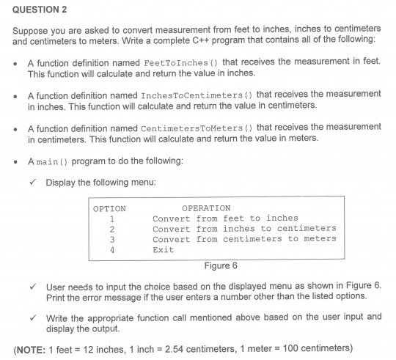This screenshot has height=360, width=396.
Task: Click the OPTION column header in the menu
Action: pos(110,208)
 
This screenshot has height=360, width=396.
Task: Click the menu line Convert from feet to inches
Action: pos(225,218)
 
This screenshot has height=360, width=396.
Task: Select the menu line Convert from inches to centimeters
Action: pos(244,229)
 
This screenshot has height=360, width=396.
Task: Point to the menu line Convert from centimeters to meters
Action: pos(244,239)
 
